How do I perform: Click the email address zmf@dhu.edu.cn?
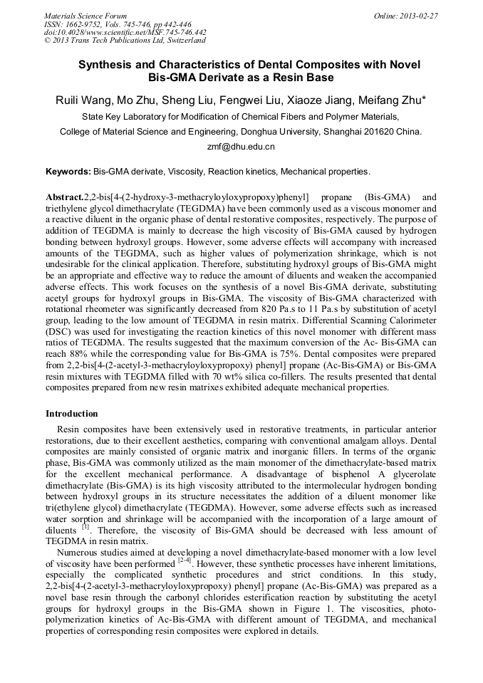(241, 147)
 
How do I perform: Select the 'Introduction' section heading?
(72, 414)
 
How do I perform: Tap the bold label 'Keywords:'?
(68, 172)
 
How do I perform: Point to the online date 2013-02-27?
(418, 16)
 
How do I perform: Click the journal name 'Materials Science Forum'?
(85, 16)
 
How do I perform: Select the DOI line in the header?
(125, 32)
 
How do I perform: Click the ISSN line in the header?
(118, 24)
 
